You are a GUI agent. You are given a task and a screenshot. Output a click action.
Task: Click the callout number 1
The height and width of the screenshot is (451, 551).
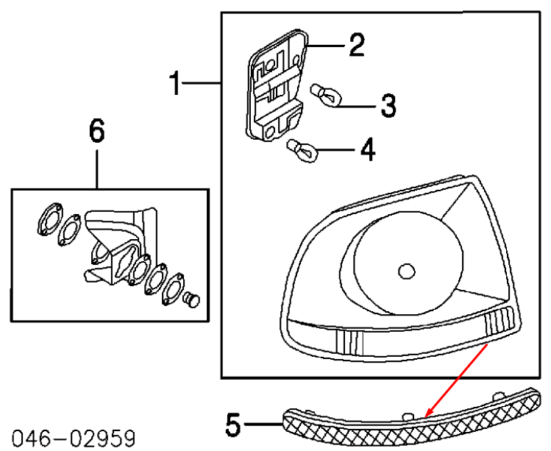point(174,83)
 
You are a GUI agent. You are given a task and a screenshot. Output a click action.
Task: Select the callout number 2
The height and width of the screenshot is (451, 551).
point(357,45)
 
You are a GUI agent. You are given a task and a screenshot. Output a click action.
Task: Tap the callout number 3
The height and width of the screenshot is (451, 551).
point(388,105)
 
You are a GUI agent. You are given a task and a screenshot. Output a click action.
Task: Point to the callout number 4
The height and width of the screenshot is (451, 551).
point(368,149)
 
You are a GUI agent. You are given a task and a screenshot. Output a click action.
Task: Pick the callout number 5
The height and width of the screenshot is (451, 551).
point(234,425)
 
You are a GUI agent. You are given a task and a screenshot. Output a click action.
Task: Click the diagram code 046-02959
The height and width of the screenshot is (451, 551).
point(74,438)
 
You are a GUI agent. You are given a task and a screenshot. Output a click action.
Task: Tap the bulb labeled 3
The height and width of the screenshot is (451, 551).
point(326,95)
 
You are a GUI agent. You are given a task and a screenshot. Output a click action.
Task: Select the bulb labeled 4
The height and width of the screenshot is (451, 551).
point(302,151)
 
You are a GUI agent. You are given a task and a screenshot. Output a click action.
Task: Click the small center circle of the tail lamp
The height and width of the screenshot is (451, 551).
point(407,271)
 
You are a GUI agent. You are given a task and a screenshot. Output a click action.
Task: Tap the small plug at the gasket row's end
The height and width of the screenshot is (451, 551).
point(192,299)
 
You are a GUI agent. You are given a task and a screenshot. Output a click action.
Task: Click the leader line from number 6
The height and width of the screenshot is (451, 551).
point(97,169)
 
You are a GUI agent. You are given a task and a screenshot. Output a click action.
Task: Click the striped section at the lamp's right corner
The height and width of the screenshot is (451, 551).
point(500,320)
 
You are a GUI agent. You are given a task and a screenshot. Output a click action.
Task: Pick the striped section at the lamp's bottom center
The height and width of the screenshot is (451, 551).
point(349,342)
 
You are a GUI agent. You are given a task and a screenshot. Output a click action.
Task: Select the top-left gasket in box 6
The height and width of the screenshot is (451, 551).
point(49,219)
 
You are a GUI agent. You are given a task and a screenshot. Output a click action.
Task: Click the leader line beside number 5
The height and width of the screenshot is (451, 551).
point(263,425)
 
